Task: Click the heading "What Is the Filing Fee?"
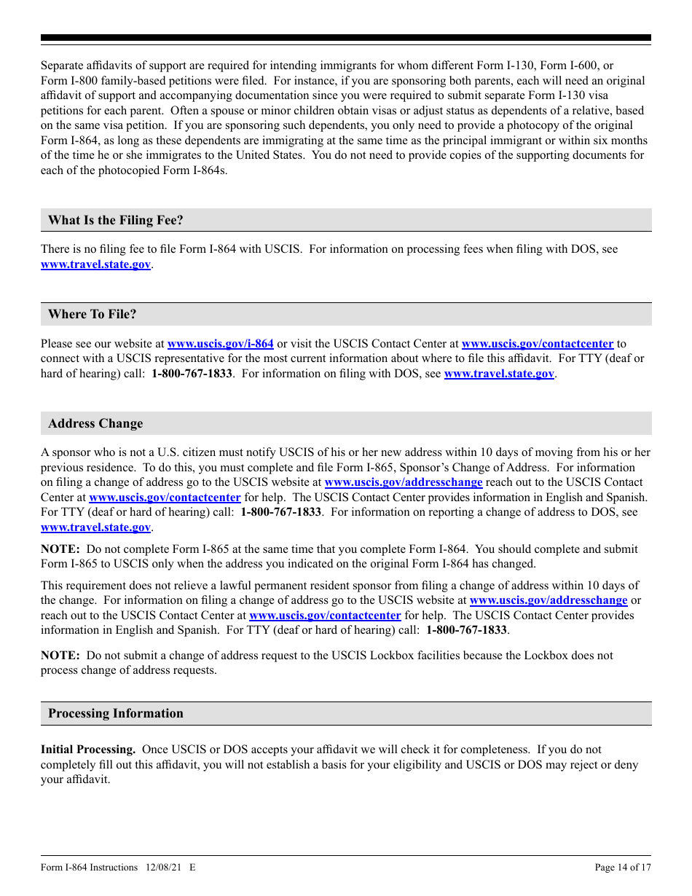pyautogui.click(x=116, y=220)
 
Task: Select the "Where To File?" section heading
pyautogui.click(x=93, y=314)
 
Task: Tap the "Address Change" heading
pyautogui.click(x=95, y=423)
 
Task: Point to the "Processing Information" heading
pyautogui.click(x=116, y=713)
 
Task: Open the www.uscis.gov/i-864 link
pyautogui.click(x=221, y=344)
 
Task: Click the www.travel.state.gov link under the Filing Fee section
pyautogui.click(x=95, y=264)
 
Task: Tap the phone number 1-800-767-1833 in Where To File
pyautogui.click(x=192, y=374)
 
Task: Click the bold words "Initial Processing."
pyautogui.click(x=88, y=749)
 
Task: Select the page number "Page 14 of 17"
pyautogui.click(x=623, y=867)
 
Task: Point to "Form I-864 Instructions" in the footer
pyautogui.click(x=89, y=867)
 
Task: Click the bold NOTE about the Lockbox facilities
pyautogui.click(x=60, y=655)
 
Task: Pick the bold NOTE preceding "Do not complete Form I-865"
pyautogui.click(x=60, y=549)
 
